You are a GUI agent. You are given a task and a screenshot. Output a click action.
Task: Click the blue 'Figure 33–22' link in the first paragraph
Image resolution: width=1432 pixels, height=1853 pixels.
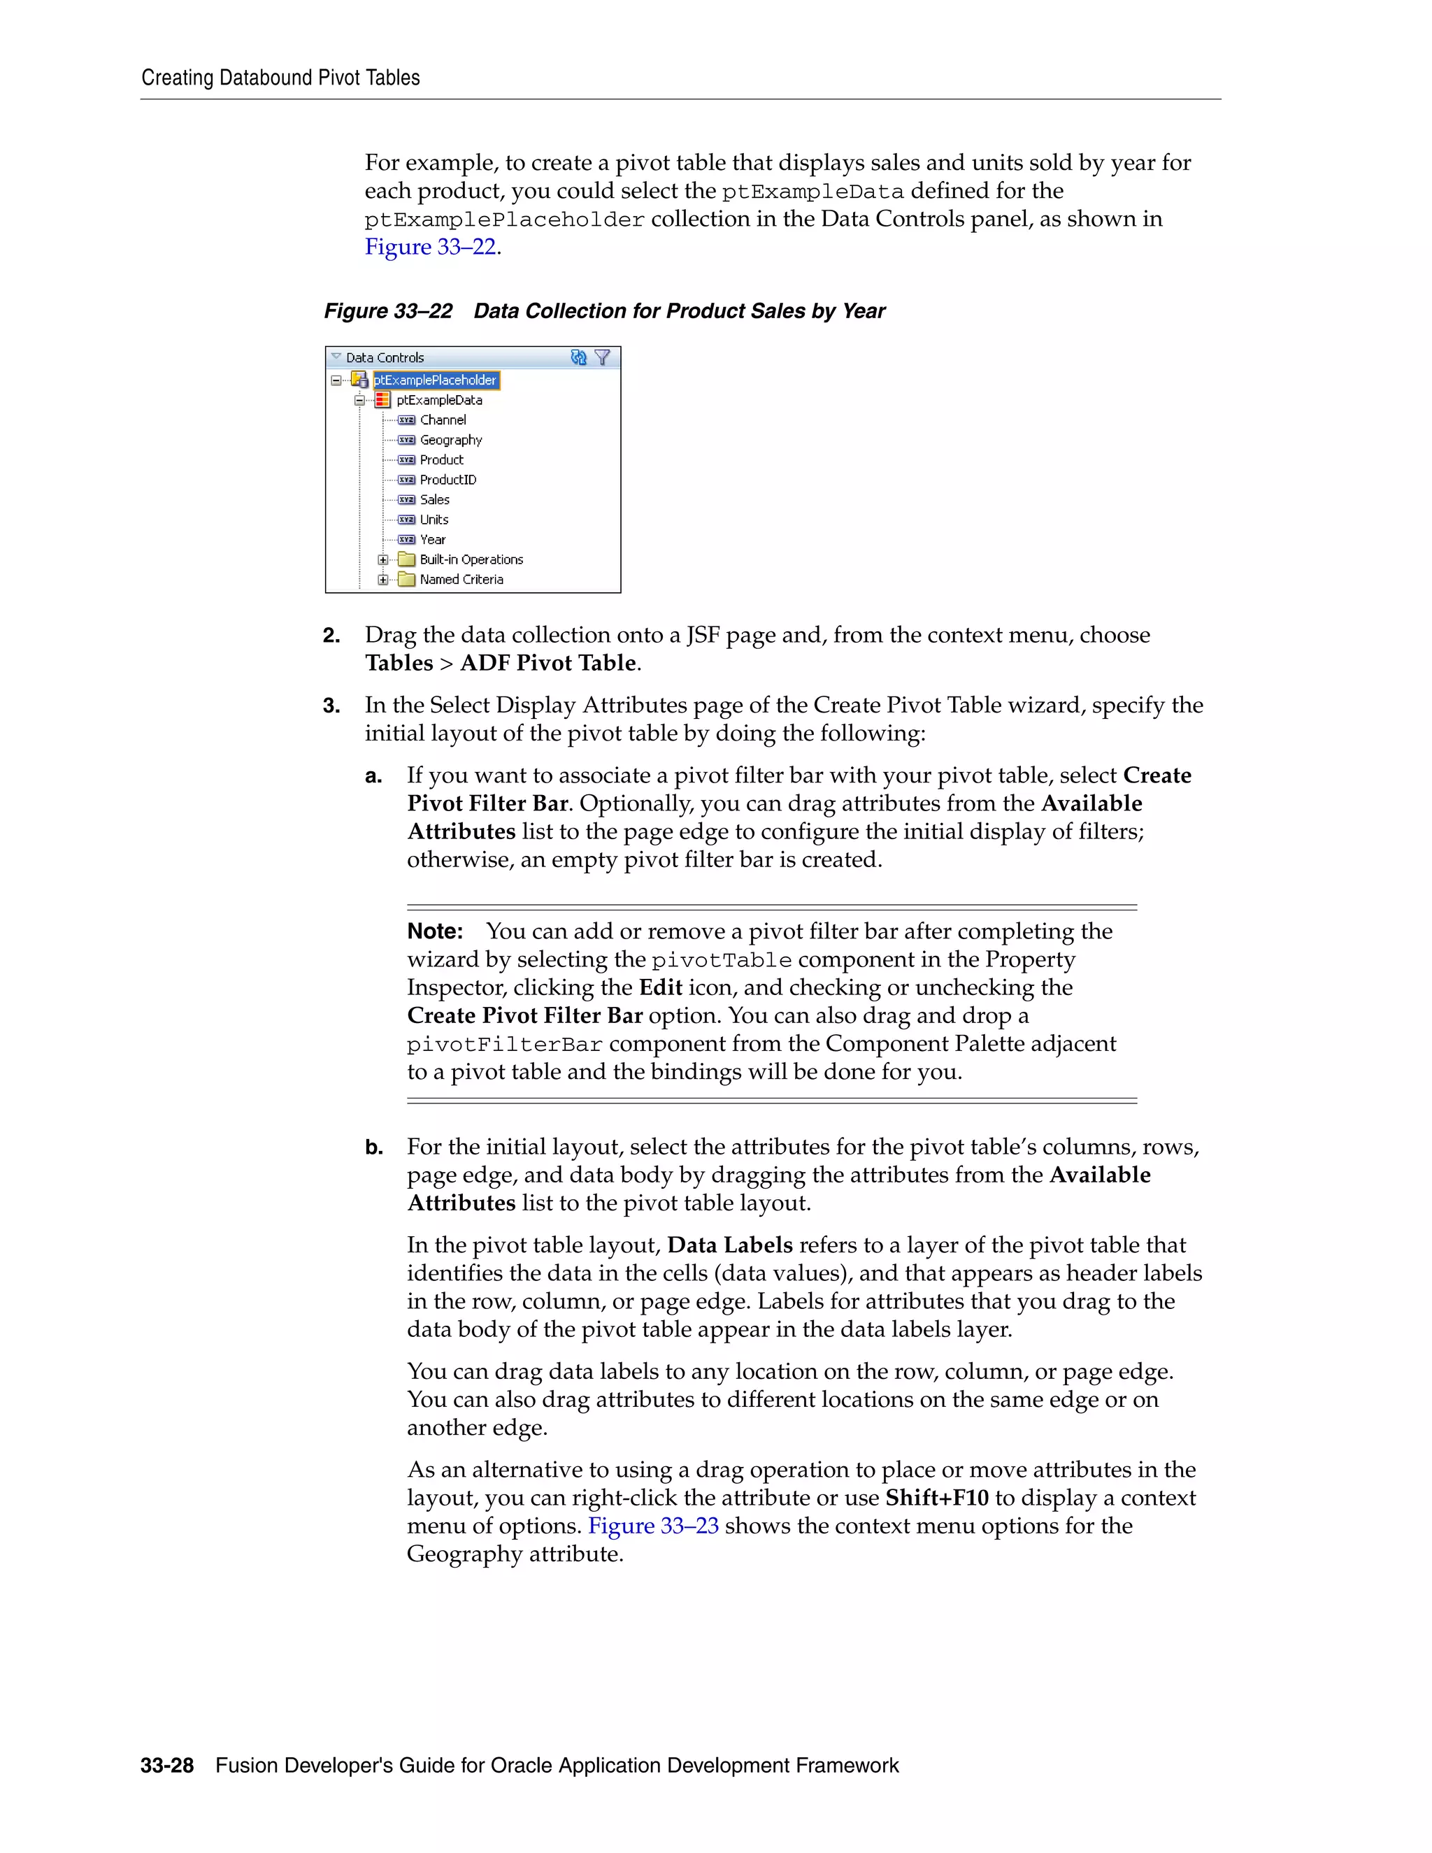tap(430, 247)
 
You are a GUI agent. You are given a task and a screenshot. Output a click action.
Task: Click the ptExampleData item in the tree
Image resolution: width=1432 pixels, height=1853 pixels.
tap(438, 399)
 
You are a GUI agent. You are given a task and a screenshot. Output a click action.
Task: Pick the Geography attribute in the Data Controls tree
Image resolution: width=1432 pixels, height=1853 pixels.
tap(450, 440)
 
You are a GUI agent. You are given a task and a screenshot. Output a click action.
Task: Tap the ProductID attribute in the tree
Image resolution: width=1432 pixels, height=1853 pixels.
tap(448, 480)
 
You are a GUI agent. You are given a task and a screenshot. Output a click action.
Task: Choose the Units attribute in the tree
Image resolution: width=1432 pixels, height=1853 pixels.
tap(434, 520)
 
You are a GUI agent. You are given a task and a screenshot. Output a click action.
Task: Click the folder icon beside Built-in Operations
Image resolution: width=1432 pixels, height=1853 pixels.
tap(406, 559)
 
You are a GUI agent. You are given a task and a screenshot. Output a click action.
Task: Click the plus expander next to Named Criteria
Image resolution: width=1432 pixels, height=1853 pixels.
tap(382, 580)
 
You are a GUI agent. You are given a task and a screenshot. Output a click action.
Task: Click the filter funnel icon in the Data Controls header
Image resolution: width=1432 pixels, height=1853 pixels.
tap(602, 357)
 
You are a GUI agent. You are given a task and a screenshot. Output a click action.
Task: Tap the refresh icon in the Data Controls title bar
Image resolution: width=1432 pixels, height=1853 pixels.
tap(578, 357)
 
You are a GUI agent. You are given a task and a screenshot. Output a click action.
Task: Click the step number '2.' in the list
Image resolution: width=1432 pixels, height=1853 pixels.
tap(331, 636)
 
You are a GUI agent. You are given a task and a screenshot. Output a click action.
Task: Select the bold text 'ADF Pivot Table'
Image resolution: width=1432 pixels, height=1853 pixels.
tap(548, 664)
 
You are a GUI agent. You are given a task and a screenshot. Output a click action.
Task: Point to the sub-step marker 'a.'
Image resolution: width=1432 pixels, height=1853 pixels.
tap(373, 776)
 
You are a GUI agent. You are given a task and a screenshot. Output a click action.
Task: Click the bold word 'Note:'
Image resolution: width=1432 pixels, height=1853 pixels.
tap(434, 931)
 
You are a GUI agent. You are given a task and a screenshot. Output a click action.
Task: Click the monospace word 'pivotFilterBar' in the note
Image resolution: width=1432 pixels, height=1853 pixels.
tap(504, 1045)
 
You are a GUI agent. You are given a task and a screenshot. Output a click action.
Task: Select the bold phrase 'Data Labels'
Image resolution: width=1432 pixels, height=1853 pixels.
tap(729, 1245)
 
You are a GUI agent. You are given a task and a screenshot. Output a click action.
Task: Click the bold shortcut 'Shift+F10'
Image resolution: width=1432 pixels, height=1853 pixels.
tap(936, 1498)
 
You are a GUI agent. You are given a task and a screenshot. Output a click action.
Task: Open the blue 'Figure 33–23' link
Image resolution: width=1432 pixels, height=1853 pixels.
tap(653, 1526)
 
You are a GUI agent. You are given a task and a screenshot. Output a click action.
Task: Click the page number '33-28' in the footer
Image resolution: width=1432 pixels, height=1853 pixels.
tap(167, 1766)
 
